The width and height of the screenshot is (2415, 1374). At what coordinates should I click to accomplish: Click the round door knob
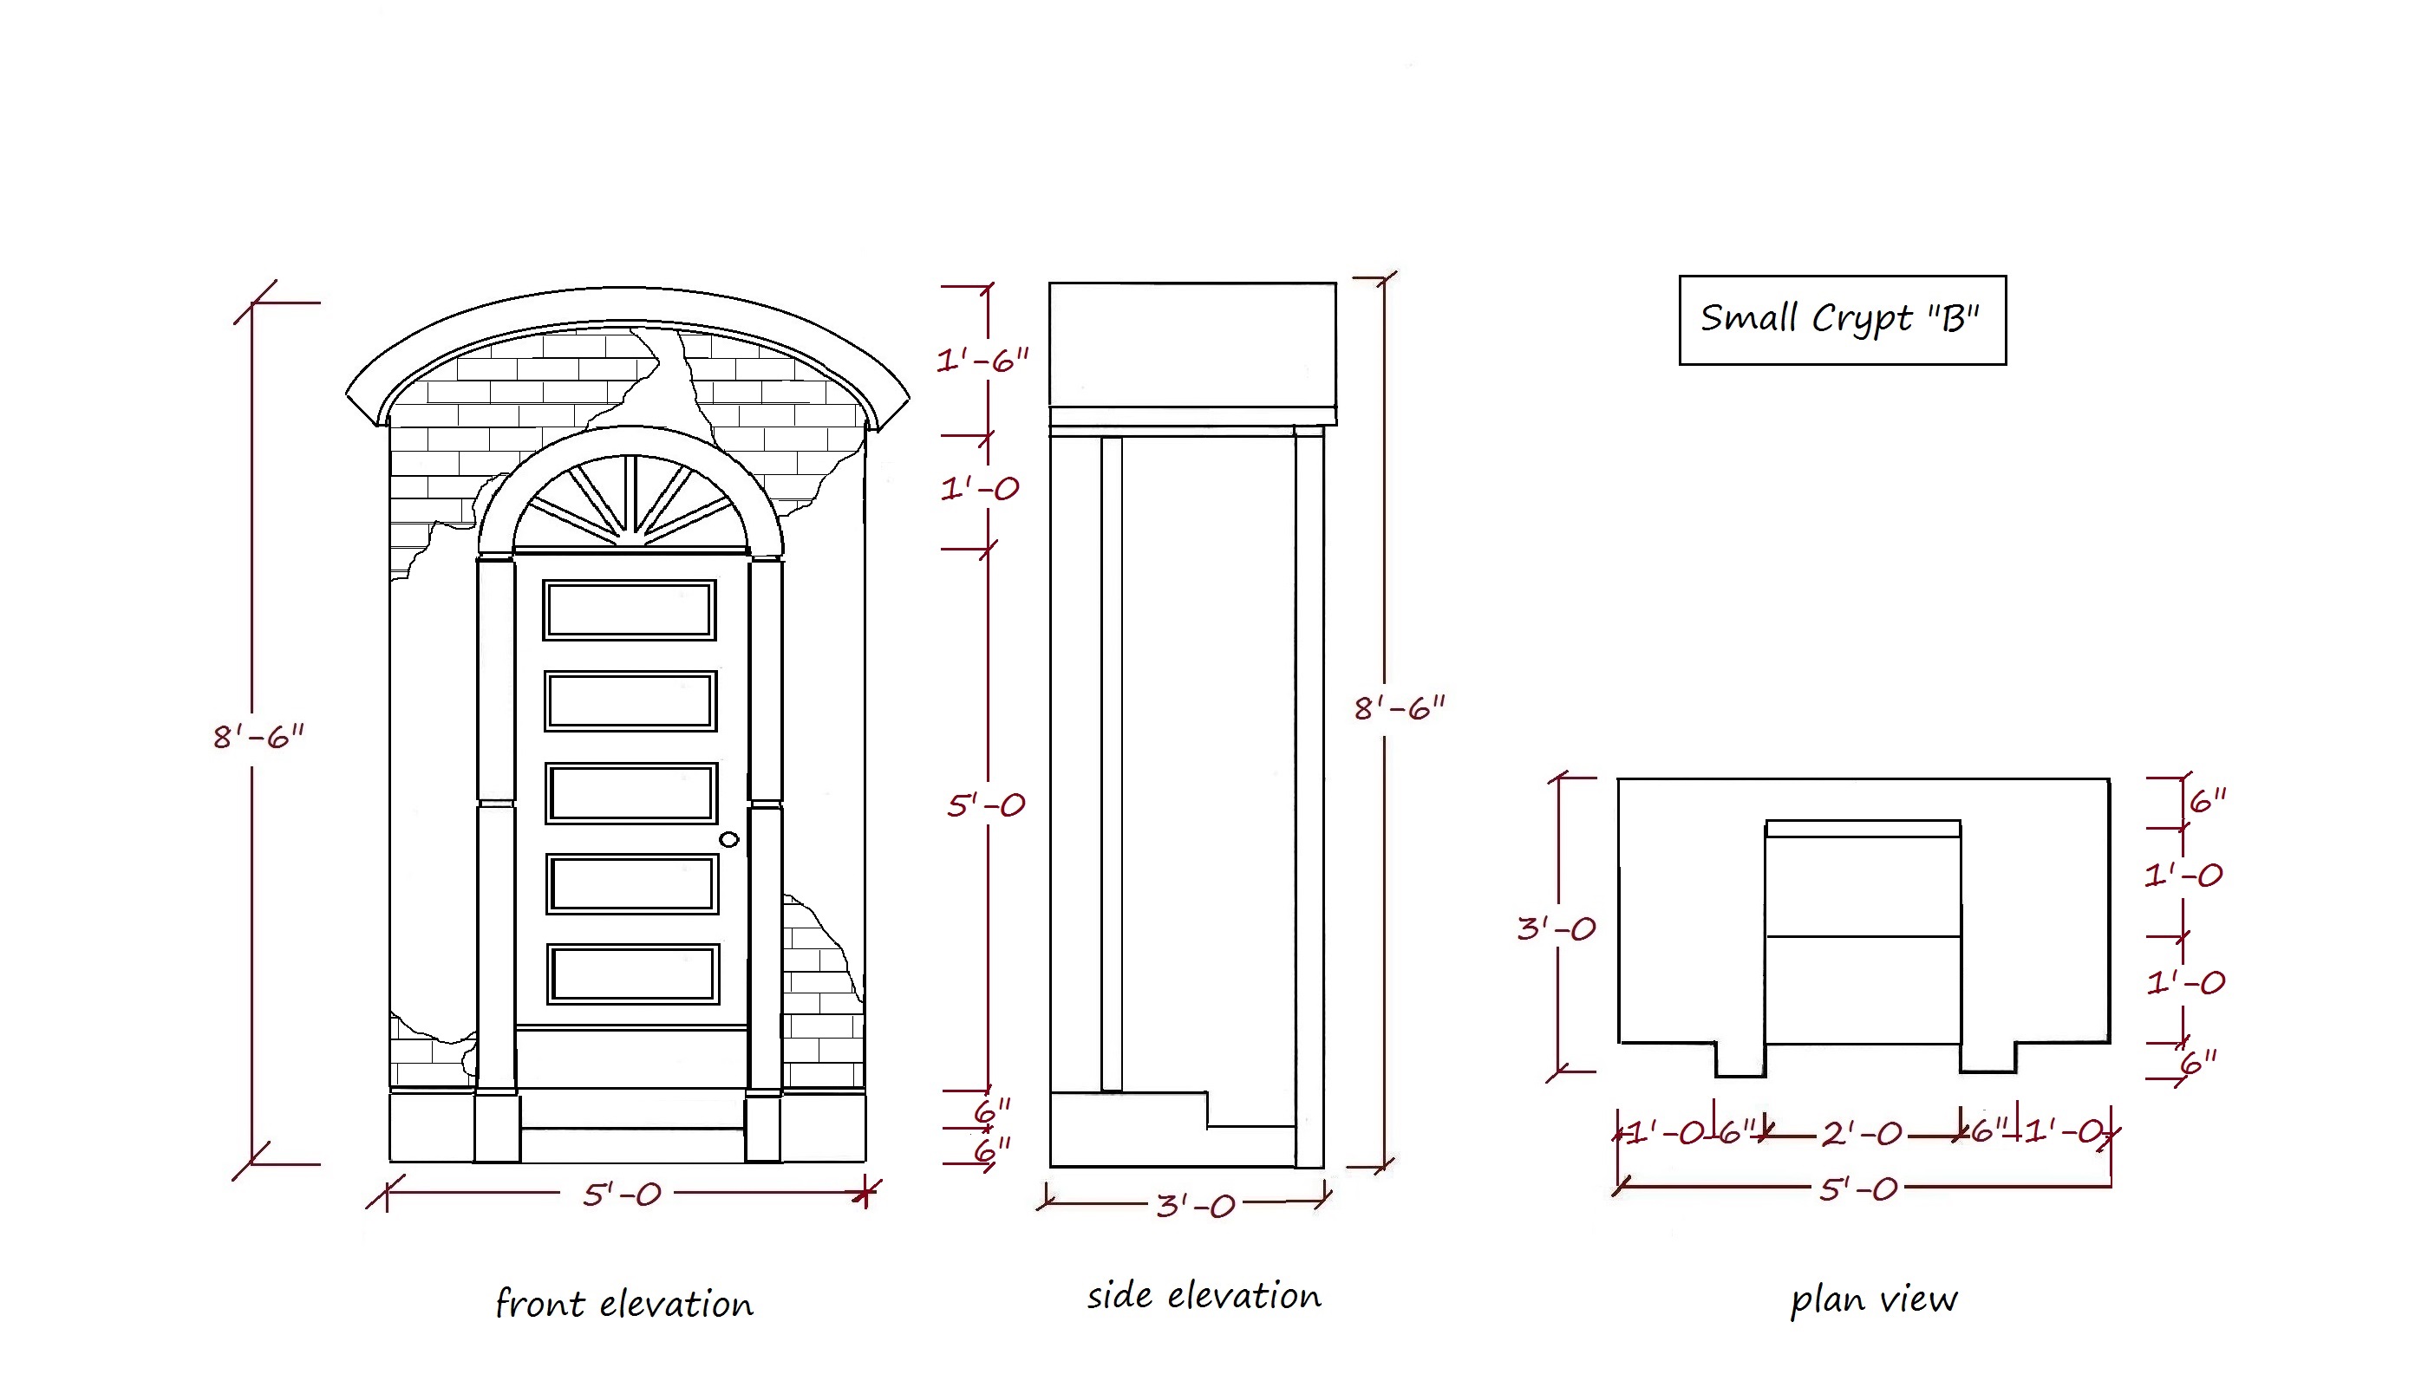[x=728, y=839]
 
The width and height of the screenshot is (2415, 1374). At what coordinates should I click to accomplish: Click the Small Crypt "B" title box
[x=1841, y=320]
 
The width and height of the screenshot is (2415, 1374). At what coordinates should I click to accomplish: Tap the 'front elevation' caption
[x=623, y=1304]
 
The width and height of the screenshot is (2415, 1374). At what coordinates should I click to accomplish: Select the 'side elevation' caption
[x=1204, y=1296]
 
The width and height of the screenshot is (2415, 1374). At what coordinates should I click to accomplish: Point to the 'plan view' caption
[x=1873, y=1299]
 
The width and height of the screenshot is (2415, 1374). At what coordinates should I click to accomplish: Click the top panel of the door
[x=630, y=609]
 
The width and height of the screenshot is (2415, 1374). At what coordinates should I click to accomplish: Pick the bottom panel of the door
[x=632, y=974]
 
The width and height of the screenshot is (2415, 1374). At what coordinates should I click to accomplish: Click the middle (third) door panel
[x=631, y=792]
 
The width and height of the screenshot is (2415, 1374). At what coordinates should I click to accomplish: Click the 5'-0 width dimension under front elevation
[x=621, y=1195]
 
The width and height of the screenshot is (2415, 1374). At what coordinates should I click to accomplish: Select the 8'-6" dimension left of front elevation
[x=258, y=736]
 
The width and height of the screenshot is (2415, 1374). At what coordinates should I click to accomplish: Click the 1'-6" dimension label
[x=982, y=360]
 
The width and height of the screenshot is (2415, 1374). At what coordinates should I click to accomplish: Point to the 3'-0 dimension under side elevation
[x=1195, y=1205]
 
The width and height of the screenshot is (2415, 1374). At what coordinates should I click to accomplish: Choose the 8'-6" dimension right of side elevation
[x=1399, y=707]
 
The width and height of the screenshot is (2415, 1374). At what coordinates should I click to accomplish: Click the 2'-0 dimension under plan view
[x=1861, y=1132]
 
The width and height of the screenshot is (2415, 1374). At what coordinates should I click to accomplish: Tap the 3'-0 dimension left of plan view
[x=1557, y=928]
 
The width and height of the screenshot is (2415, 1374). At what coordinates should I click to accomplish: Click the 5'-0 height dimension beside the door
[x=985, y=805]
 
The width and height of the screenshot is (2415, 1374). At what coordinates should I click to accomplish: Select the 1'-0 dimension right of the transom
[x=980, y=488]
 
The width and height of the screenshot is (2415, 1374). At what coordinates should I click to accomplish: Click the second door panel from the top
[x=630, y=701]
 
